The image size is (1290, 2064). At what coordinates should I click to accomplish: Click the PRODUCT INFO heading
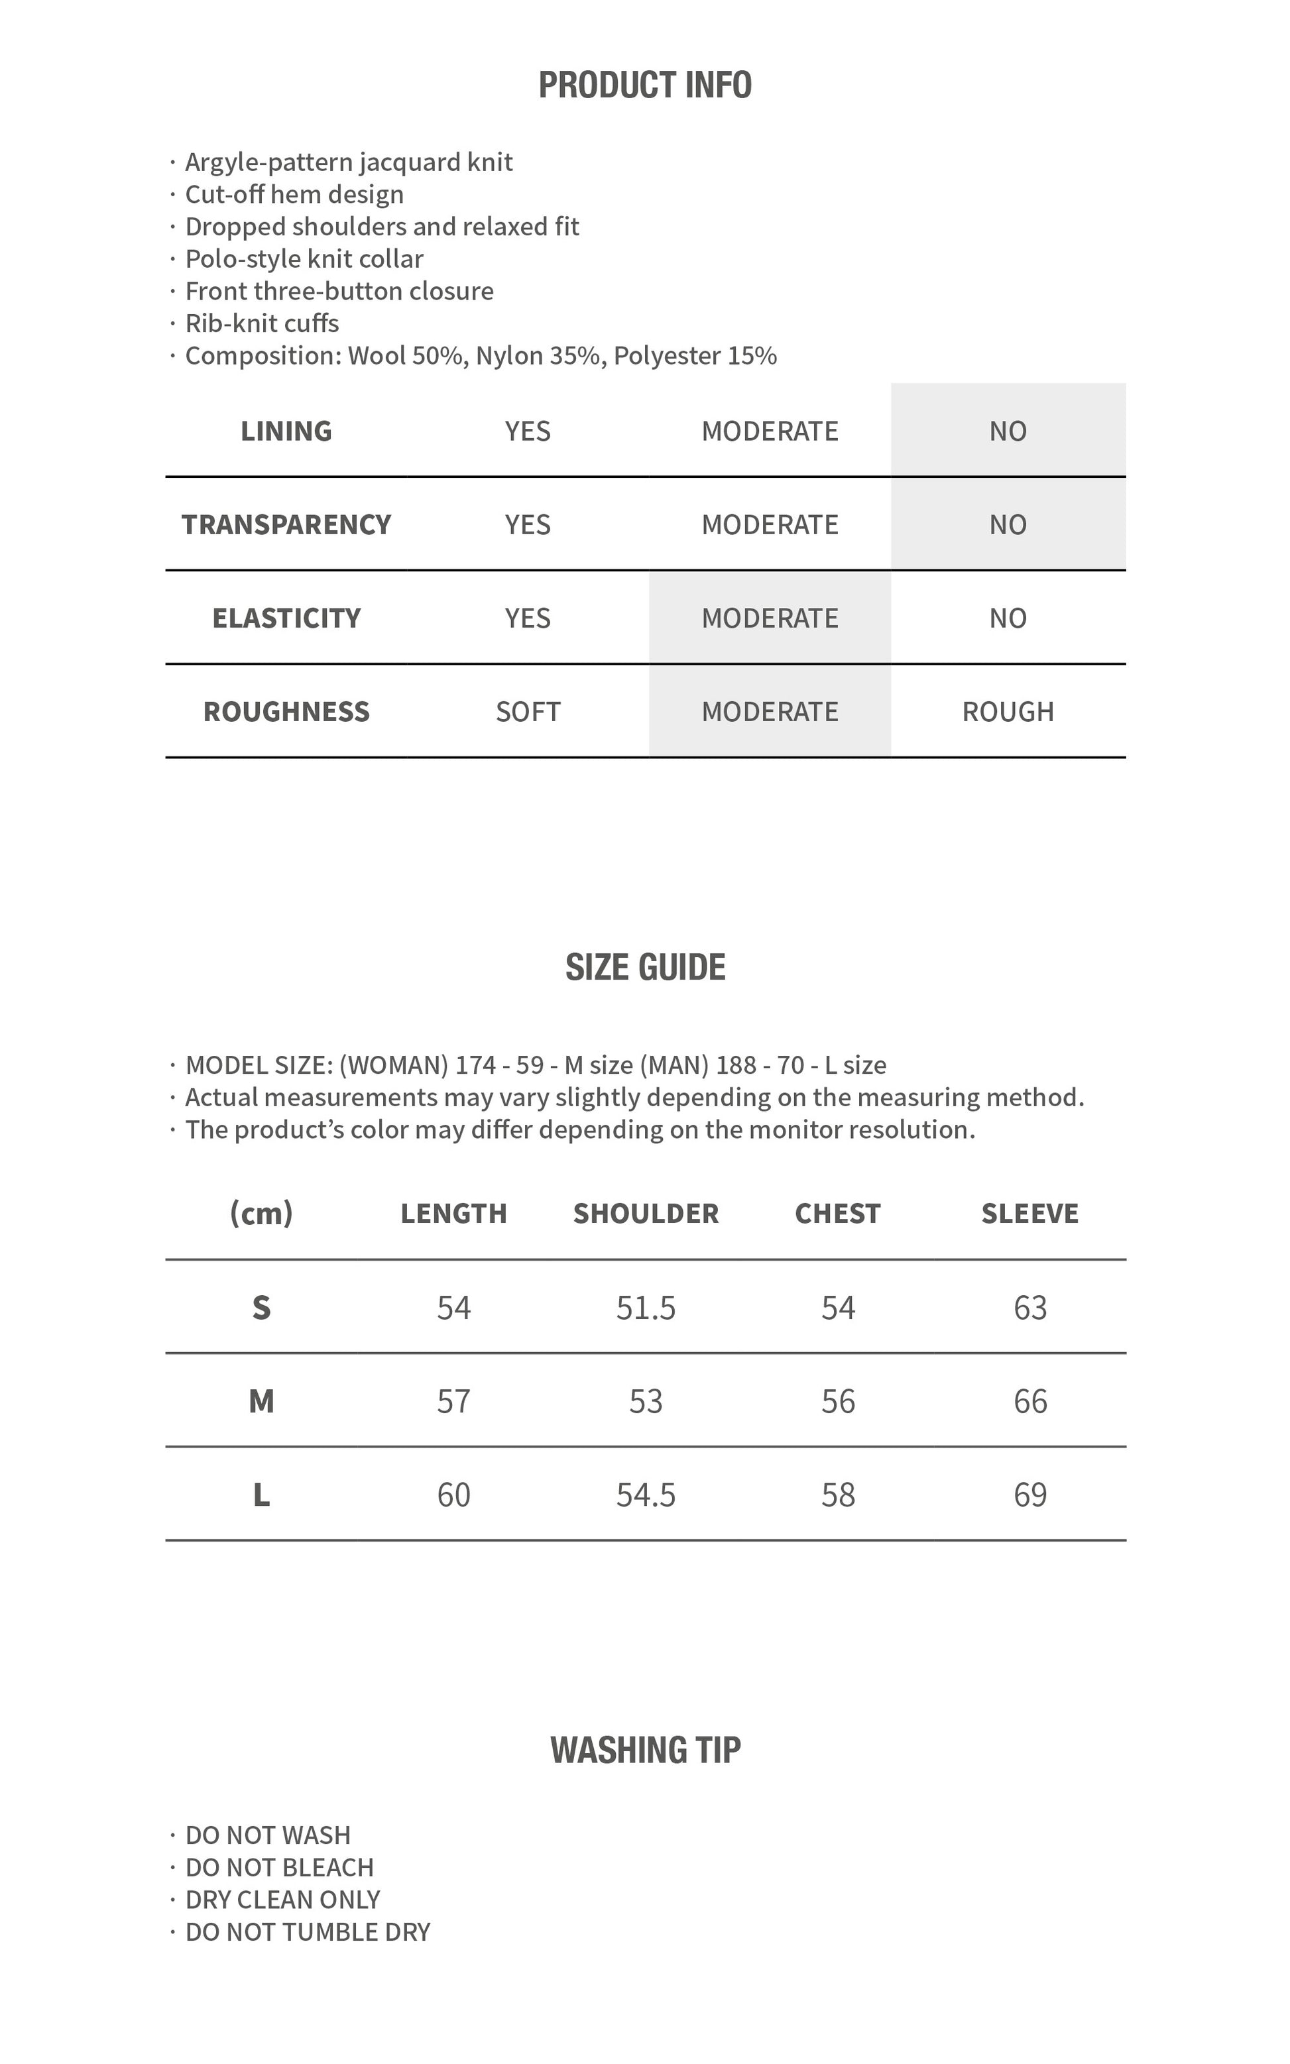(645, 86)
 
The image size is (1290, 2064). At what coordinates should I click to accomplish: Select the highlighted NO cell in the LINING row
(1008, 431)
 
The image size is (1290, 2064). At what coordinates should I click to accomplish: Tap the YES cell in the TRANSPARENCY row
(527, 524)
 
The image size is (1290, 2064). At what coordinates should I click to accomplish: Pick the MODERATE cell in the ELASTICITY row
(770, 618)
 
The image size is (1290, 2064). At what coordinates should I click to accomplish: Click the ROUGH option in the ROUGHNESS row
(1008, 711)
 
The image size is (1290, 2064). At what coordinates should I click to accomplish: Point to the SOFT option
(527, 711)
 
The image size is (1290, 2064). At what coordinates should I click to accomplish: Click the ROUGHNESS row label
(286, 711)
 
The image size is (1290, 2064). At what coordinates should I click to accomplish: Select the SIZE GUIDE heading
(645, 967)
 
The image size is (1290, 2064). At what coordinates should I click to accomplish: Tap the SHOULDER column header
(646, 1213)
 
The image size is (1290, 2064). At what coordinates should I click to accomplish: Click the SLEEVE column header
(1029, 1213)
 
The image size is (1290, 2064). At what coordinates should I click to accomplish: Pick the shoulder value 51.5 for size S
(646, 1308)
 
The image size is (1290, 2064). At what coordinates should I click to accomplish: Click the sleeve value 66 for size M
(1029, 1401)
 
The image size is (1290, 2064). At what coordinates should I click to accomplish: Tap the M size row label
(261, 1401)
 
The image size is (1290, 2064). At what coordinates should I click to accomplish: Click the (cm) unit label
(261, 1213)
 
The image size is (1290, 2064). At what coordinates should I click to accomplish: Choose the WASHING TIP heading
(645, 1750)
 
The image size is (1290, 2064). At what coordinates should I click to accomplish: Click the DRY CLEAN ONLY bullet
(282, 1900)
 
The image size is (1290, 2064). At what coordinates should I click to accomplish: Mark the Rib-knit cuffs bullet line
(262, 323)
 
